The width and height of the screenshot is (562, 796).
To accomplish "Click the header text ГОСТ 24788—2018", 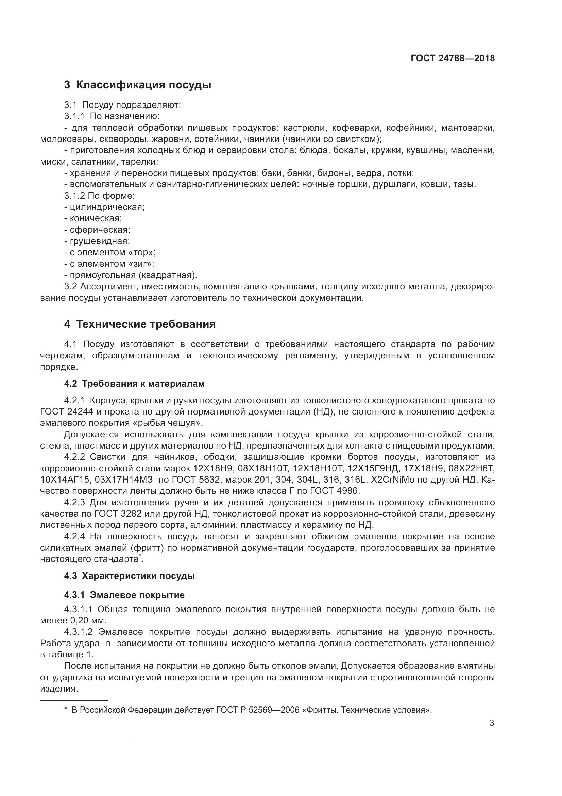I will click(453, 58).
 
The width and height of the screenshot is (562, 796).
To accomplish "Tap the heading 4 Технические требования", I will click(140, 324).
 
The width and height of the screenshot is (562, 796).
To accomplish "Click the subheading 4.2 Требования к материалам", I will click(134, 384).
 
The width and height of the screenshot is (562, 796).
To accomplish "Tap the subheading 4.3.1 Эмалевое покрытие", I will click(124, 595).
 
